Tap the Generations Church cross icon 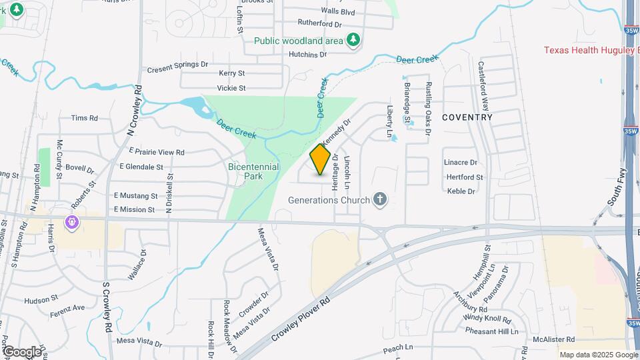coord(380,199)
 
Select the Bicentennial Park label coord(253,171)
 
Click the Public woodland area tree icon coord(353,41)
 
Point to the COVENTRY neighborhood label coord(467,117)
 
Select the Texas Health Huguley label coord(591,50)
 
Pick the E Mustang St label coord(135,196)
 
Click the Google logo coord(22,351)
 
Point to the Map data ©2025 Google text coord(597,355)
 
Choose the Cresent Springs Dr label coord(177,65)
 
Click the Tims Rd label coord(84,118)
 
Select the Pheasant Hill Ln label coord(491,331)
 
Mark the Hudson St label coord(42,301)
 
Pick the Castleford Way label coord(484,85)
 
